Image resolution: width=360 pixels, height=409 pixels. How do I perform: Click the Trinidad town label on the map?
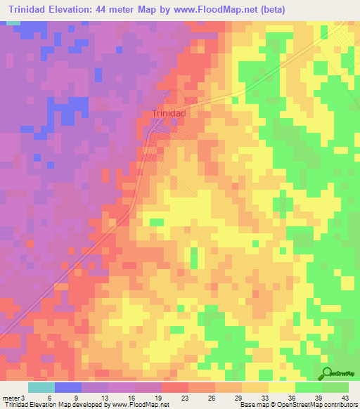pyautogui.click(x=169, y=113)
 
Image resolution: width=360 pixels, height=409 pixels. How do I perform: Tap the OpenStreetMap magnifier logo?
pyautogui.click(x=328, y=374)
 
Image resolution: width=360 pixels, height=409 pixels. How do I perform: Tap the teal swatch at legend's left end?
pyautogui.click(x=41, y=387)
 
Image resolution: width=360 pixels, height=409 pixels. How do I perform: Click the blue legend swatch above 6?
pyautogui.click(x=68, y=387)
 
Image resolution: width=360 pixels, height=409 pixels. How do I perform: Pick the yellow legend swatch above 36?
pyautogui.click(x=282, y=387)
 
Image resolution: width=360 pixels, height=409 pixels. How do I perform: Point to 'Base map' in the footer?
pyautogui.click(x=254, y=405)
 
